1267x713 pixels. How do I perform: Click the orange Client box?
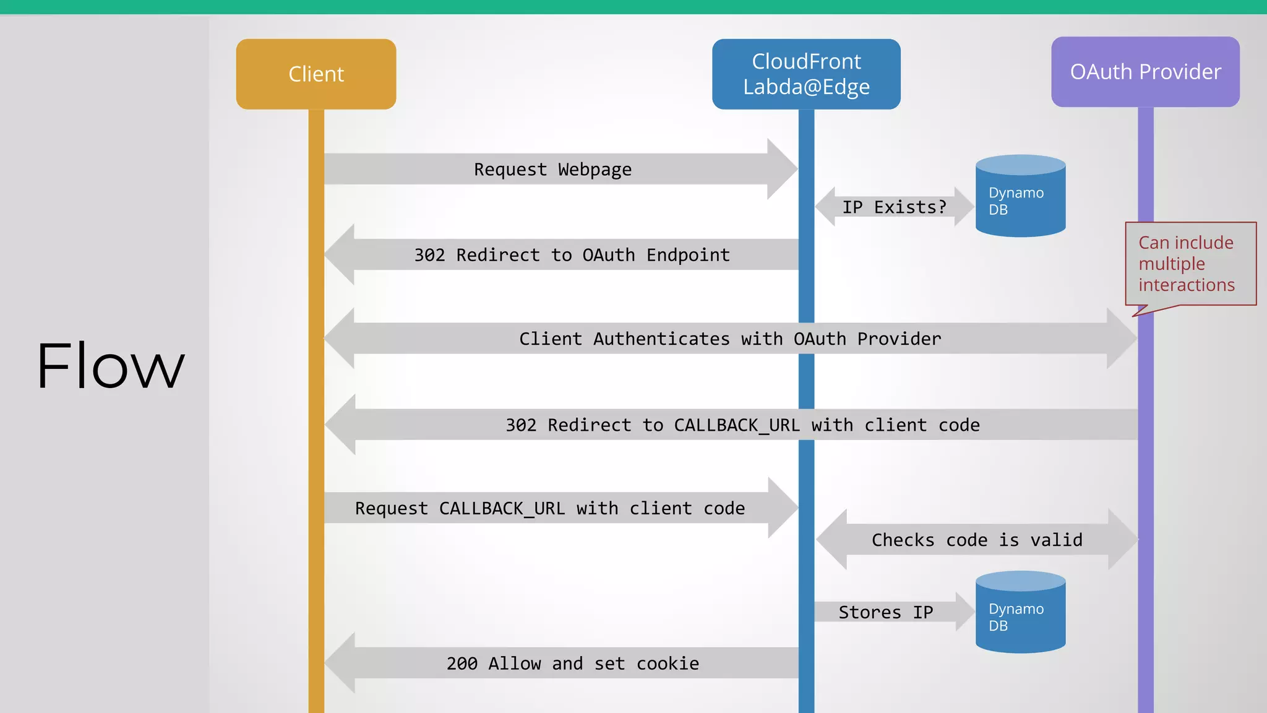(x=316, y=74)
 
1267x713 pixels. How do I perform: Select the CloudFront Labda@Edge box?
(x=806, y=74)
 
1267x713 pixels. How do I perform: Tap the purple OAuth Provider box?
(x=1145, y=72)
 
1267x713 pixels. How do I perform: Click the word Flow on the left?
(x=111, y=366)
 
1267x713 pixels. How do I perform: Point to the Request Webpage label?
(x=552, y=170)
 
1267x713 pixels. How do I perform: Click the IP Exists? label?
(x=894, y=207)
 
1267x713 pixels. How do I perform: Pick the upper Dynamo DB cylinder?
(x=1020, y=197)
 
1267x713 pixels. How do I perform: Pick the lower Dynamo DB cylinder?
(x=1020, y=613)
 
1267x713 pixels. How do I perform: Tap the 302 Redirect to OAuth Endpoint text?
(x=572, y=255)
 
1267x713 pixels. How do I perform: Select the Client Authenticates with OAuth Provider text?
(x=730, y=339)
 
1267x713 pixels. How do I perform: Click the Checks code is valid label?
(x=977, y=540)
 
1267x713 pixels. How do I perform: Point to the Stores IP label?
(x=885, y=613)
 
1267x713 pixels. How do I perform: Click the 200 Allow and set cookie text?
(x=573, y=663)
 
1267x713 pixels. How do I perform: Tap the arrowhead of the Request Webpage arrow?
(x=782, y=169)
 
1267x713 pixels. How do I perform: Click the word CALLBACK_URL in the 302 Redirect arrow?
(x=736, y=425)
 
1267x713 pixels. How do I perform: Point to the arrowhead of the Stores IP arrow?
(x=964, y=612)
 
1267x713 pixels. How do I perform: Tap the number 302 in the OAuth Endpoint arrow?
(x=429, y=255)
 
